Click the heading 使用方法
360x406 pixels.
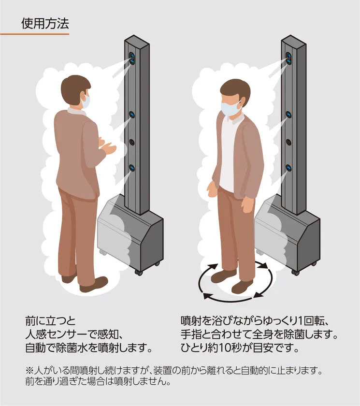coord(45,24)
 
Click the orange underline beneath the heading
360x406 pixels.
coord(34,34)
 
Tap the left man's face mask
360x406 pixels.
coord(86,101)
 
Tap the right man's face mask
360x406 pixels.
coord(230,108)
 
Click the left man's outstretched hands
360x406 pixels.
coord(107,147)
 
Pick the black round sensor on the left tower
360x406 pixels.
coord(132,142)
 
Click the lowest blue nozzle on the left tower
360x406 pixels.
coord(132,169)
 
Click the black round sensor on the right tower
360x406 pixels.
coord(288,142)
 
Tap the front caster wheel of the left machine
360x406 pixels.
coord(139,273)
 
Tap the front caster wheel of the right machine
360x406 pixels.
coord(295,273)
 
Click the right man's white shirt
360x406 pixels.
coord(229,150)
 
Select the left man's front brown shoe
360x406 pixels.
coord(94,284)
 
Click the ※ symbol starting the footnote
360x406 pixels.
coord(29,371)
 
